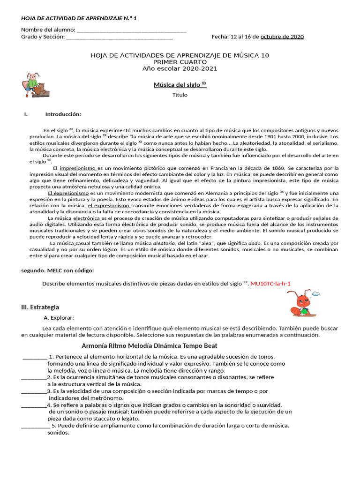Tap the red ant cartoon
302,303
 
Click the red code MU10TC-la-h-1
274,284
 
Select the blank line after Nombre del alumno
132,30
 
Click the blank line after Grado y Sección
120,37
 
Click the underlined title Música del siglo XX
180,85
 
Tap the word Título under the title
180,95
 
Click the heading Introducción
63,114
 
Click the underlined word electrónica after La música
87,218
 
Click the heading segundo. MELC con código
58,271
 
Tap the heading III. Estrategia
40,307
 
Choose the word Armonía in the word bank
96,346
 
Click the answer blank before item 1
35,357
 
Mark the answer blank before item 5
36,426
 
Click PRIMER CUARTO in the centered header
180,62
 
